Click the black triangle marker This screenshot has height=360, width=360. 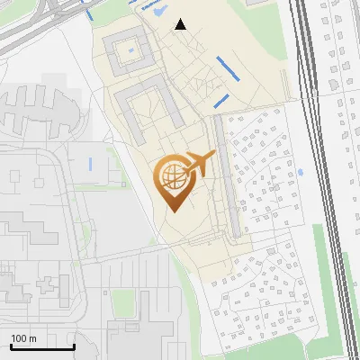tap(181, 24)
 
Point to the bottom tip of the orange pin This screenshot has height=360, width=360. tap(172, 211)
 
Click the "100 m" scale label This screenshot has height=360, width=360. tap(23, 338)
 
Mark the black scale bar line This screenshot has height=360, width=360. tap(41, 347)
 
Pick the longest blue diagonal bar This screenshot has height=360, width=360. tap(229, 67)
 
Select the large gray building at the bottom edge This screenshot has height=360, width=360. tap(135, 337)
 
